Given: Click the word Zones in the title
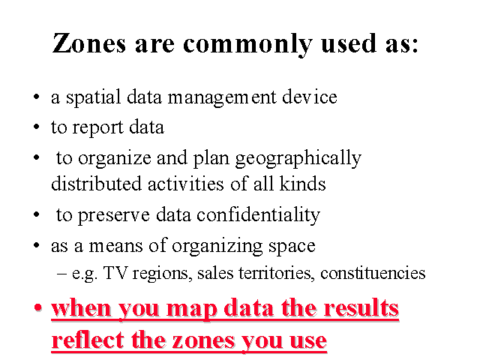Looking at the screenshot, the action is click(89, 43).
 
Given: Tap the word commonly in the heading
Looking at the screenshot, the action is click(247, 45).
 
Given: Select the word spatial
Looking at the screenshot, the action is click(93, 97).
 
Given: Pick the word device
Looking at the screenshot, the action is click(310, 97).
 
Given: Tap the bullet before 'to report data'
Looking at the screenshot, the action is click(37, 127).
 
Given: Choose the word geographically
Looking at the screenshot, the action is click(298, 159).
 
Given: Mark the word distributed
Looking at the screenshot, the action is click(96, 183).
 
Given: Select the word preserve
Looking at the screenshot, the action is click(113, 216).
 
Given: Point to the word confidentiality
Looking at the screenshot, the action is click(258, 215).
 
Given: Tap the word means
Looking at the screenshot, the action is click(116, 247).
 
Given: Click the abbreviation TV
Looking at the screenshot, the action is click(115, 272).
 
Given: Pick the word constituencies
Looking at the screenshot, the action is click(373, 273).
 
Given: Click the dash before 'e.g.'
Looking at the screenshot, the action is click(62, 273).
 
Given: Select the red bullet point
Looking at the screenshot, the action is click(37, 307).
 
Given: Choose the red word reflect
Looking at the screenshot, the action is click(88, 340).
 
